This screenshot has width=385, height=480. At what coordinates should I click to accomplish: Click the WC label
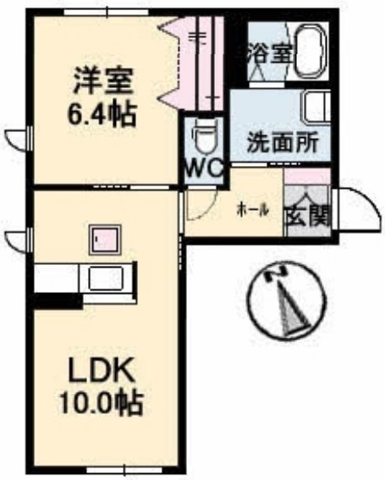(x=204, y=167)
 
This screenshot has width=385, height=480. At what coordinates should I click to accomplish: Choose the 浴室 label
(x=269, y=51)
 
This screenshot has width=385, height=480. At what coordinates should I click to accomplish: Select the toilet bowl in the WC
(x=204, y=135)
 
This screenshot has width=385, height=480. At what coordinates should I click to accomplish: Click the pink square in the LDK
(x=105, y=240)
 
